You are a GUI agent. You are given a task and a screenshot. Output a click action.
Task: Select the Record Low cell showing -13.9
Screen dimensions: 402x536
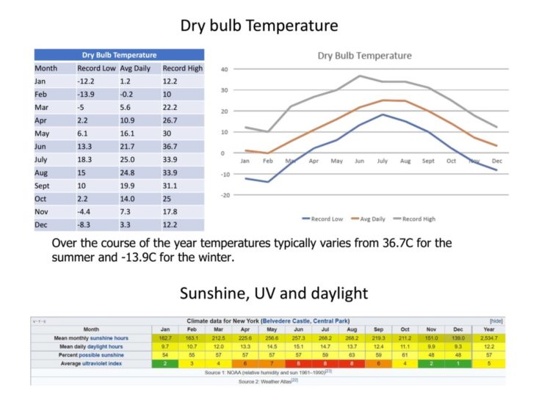(88, 95)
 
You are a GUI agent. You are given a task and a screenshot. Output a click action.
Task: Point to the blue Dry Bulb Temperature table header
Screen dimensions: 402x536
(118, 55)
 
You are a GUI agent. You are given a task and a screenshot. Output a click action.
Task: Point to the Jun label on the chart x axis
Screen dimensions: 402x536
(359, 161)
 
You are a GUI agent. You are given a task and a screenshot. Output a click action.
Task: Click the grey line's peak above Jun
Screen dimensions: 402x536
(360, 76)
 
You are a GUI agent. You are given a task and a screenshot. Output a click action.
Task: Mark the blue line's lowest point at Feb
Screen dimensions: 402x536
(268, 182)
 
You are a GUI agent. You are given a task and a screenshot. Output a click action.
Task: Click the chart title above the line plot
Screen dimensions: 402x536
(364, 56)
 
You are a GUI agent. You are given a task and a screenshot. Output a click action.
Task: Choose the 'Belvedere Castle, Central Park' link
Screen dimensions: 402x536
(303, 321)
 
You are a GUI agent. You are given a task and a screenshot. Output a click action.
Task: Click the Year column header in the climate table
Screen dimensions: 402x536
(489, 329)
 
